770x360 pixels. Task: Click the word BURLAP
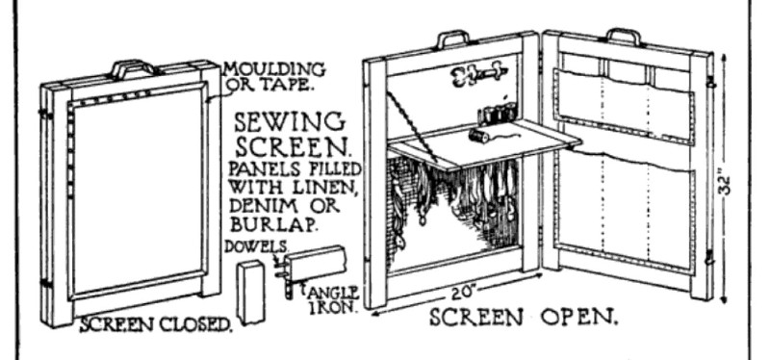pos(273,224)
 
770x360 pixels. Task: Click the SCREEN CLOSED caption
pos(156,324)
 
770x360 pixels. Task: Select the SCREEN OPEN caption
pos(524,318)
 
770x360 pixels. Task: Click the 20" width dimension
pos(463,294)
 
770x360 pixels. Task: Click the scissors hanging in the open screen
pos(476,74)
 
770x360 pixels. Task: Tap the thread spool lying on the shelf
pos(478,135)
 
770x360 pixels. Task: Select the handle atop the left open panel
pos(453,39)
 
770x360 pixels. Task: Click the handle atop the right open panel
pos(624,36)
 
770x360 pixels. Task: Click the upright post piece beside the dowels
pos(251,293)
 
